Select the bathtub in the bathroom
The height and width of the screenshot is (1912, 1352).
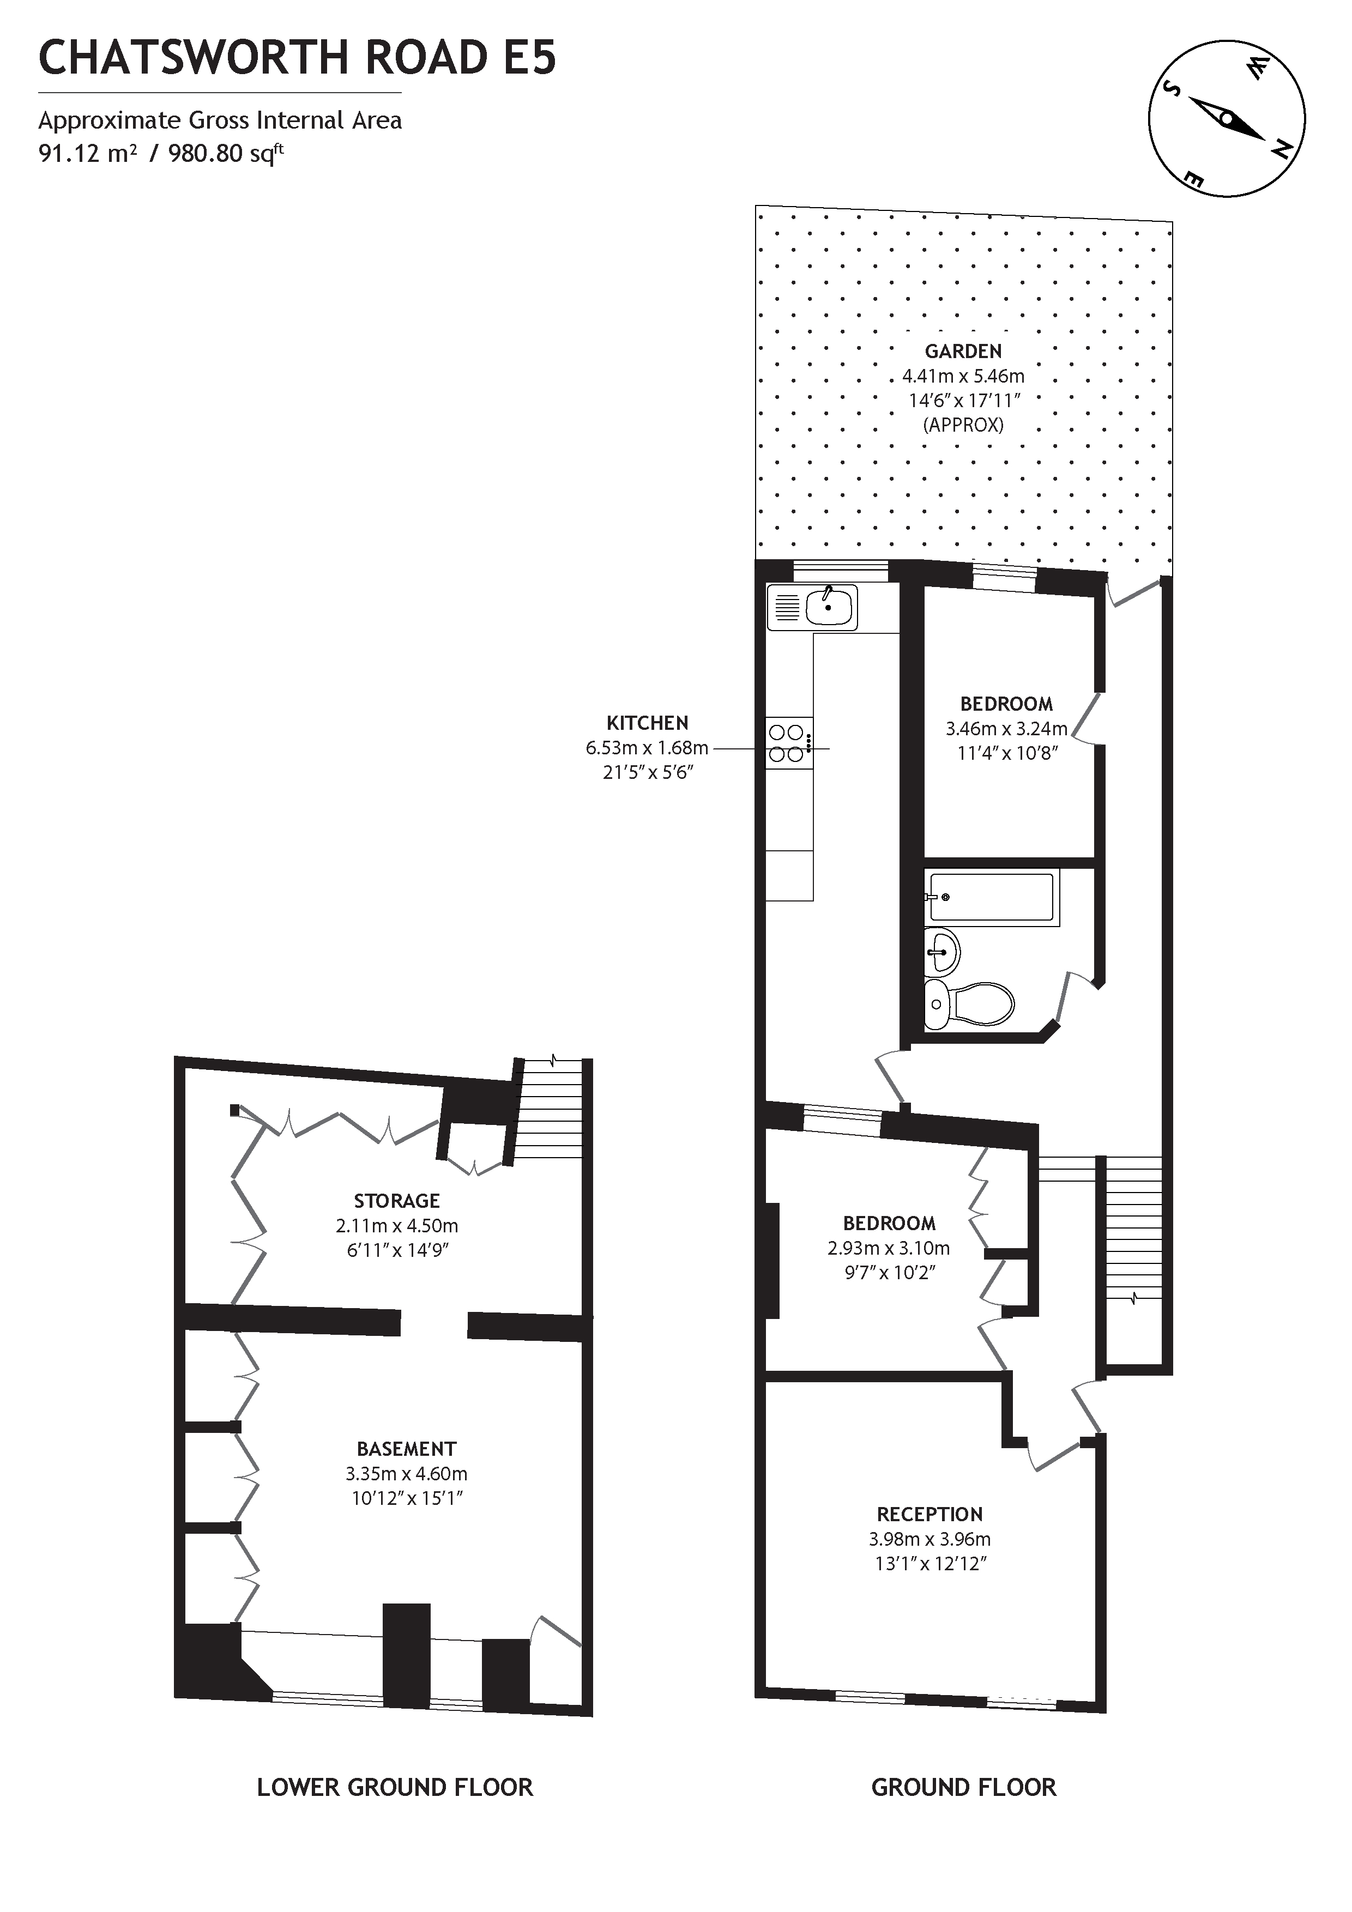[x=991, y=897]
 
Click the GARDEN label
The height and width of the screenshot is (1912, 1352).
[x=963, y=352]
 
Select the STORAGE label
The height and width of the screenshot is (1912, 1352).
[x=396, y=1200]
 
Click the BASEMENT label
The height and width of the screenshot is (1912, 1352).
[x=407, y=1448]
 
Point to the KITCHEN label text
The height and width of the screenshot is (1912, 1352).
[x=647, y=723]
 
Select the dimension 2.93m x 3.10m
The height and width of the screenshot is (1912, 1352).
[x=888, y=1248]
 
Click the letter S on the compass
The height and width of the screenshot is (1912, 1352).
[x=1172, y=90]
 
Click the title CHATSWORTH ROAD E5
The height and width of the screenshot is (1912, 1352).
[x=298, y=58]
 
